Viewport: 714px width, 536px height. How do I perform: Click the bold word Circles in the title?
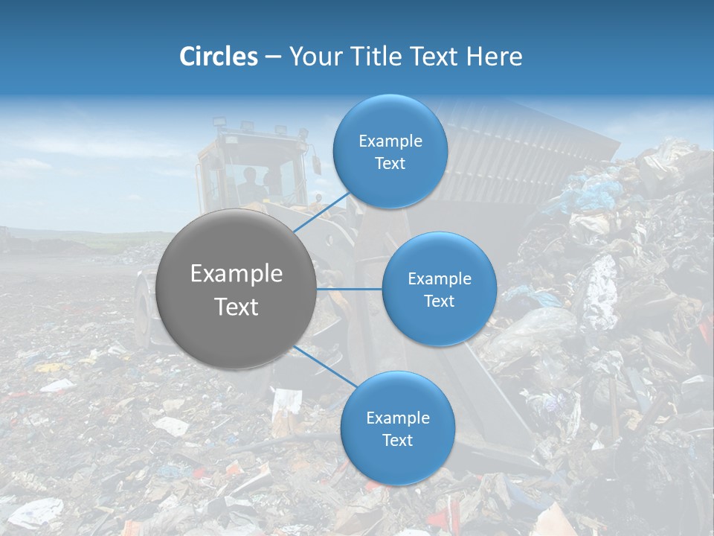[218, 56]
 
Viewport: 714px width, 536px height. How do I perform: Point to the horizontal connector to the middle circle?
[350, 289]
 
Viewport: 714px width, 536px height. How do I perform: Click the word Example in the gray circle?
[237, 274]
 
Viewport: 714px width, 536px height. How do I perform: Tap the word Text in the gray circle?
[237, 307]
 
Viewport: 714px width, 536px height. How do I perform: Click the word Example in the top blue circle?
[390, 141]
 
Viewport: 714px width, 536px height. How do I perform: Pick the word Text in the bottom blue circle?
[398, 440]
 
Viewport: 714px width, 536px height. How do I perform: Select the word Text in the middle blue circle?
[440, 301]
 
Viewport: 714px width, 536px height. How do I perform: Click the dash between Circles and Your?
[273, 57]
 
